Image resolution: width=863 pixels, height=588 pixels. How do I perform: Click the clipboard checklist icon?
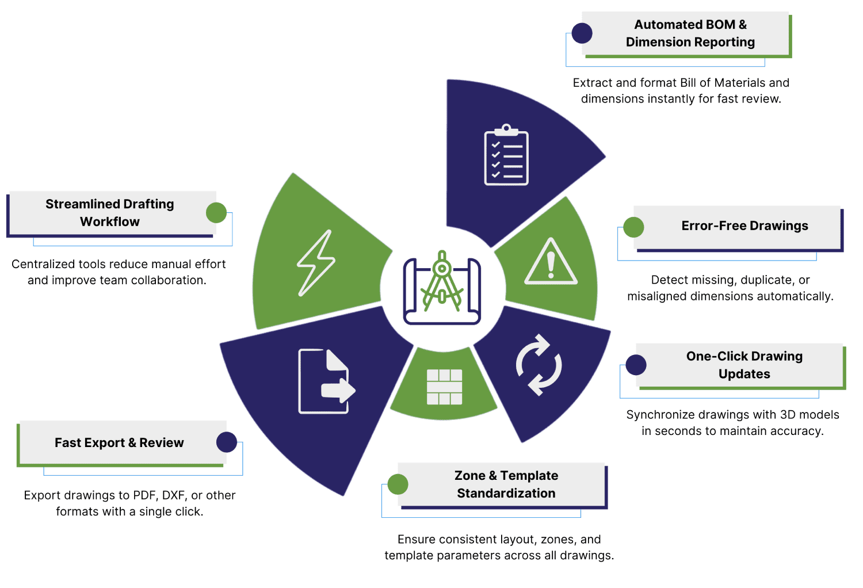click(x=506, y=155)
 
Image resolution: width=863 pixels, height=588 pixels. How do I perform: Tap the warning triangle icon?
click(x=551, y=262)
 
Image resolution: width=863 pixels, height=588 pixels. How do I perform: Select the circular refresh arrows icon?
click(x=539, y=365)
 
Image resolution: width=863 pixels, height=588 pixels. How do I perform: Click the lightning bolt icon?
click(x=316, y=263)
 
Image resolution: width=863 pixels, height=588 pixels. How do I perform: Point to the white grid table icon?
click(x=444, y=387)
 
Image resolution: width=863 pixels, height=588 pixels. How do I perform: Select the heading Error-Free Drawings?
click(x=744, y=226)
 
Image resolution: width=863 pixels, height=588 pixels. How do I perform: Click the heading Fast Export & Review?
click(x=119, y=442)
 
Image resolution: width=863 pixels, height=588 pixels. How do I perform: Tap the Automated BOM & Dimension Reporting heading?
click(x=690, y=33)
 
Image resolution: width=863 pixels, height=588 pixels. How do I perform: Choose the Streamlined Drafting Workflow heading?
click(x=110, y=213)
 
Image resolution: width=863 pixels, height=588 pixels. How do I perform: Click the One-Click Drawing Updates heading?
click(x=744, y=365)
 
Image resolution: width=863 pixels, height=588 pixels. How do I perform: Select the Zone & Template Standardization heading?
click(x=506, y=484)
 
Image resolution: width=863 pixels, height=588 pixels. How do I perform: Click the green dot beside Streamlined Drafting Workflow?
click(x=216, y=213)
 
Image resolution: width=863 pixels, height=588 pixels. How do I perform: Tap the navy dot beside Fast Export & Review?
click(x=227, y=442)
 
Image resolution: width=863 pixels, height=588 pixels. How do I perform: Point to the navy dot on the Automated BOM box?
click(x=582, y=33)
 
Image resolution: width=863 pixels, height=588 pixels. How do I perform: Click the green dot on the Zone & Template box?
click(x=398, y=484)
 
